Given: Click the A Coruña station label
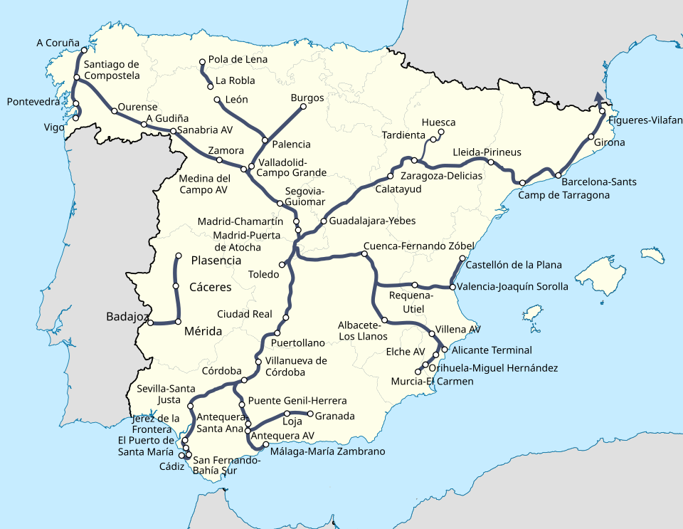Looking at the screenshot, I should point(58,43).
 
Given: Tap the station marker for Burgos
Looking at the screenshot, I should point(304,107).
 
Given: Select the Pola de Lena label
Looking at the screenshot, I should point(238,59).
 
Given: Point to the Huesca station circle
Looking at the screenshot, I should point(440,132).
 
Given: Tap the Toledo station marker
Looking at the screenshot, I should point(282,265).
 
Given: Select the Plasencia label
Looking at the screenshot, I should point(216,261).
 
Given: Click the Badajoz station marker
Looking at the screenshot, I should point(150,323).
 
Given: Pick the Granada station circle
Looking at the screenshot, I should point(310,414).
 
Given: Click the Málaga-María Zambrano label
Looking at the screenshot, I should point(328,451).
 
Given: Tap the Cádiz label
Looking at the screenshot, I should point(171,466).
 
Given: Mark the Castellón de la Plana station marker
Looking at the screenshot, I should point(462,258).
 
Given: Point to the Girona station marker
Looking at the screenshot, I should point(591,137).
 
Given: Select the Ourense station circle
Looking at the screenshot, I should point(115,111).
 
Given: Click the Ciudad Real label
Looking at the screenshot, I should point(245,314).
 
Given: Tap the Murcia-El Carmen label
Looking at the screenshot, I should point(432,381).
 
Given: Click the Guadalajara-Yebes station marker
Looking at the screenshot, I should point(323,221).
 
